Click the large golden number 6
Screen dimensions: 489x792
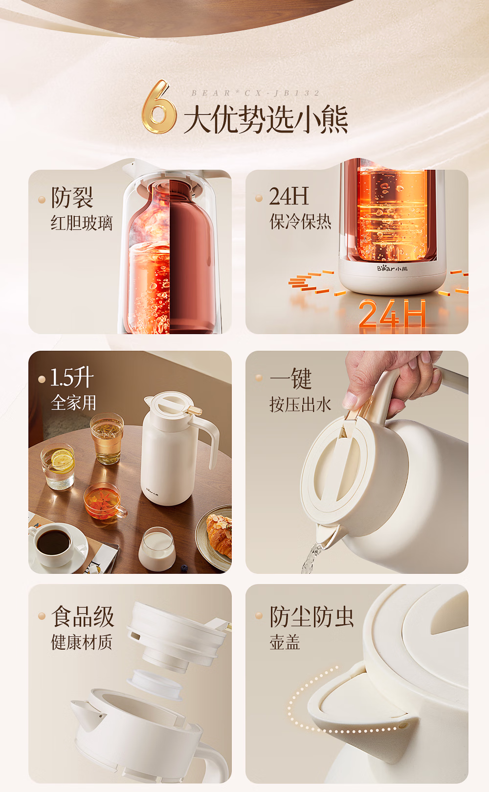(x=158, y=107)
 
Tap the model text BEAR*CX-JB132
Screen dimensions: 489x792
(x=255, y=93)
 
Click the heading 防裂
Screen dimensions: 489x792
(x=72, y=197)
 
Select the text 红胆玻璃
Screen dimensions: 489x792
(x=82, y=223)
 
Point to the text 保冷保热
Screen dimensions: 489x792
(x=300, y=222)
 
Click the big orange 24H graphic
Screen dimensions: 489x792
(x=392, y=314)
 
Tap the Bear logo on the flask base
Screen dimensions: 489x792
(x=392, y=269)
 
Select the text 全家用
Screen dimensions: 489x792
(x=73, y=403)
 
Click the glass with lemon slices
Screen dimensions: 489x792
(x=58, y=467)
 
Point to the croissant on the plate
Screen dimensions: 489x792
(x=220, y=536)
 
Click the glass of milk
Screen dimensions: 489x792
(x=156, y=549)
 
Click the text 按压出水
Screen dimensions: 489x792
(x=300, y=405)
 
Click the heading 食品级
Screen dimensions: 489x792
(x=83, y=616)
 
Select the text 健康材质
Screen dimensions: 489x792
(x=82, y=642)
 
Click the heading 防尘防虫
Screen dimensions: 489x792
(x=311, y=616)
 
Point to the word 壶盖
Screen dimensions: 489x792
(x=285, y=642)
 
